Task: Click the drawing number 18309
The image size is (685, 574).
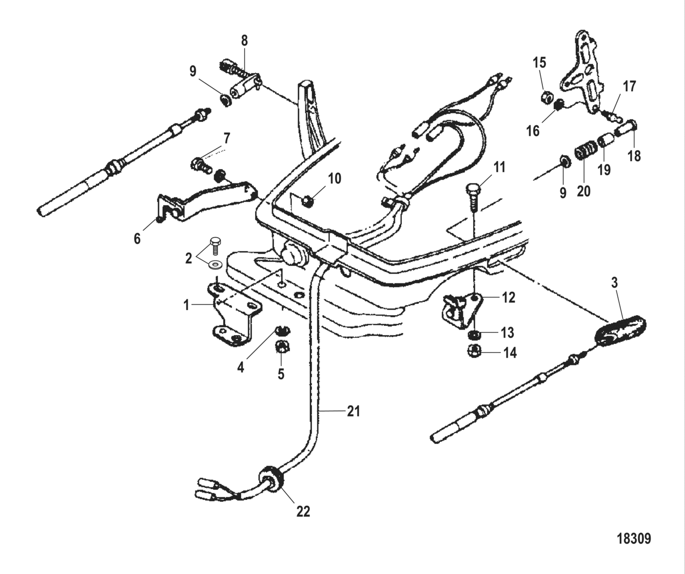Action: (x=633, y=539)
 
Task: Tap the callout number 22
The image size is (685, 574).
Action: (x=303, y=511)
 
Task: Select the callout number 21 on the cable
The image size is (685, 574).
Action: (x=353, y=411)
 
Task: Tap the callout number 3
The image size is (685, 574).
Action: (x=614, y=282)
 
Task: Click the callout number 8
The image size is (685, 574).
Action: (x=244, y=40)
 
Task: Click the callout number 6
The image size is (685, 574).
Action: (x=137, y=238)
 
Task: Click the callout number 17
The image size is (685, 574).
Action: (x=630, y=86)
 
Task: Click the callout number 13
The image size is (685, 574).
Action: (x=507, y=333)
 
